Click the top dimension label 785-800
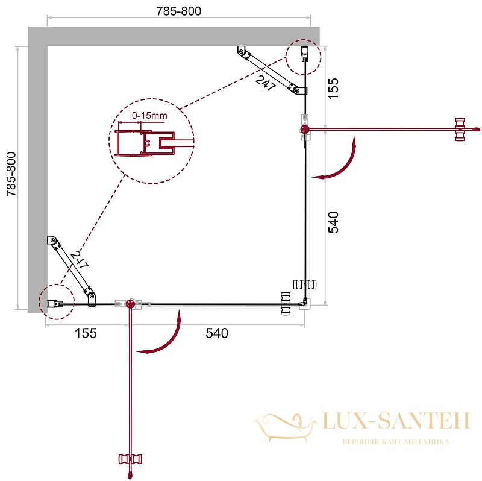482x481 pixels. click(x=178, y=11)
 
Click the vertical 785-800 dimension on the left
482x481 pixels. click(x=11, y=174)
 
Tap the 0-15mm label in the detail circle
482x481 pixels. click(x=149, y=116)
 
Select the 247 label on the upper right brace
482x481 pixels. click(x=265, y=83)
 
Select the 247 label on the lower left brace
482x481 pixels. click(x=80, y=260)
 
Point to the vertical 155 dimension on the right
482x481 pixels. click(x=333, y=88)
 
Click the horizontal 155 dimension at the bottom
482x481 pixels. click(x=86, y=333)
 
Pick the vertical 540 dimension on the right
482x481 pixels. click(x=333, y=222)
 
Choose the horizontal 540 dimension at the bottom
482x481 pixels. click(x=217, y=333)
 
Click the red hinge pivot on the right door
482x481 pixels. click(x=304, y=130)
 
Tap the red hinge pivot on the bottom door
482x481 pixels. click(x=131, y=304)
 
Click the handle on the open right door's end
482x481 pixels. click(x=460, y=130)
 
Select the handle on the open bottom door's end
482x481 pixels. click(x=130, y=459)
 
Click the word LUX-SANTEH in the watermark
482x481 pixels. click(x=396, y=420)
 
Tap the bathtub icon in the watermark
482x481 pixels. click(x=284, y=427)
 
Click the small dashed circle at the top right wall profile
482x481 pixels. click(x=304, y=57)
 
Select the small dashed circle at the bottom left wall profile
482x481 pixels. click(x=57, y=302)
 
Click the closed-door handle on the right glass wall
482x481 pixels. click(x=305, y=284)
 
